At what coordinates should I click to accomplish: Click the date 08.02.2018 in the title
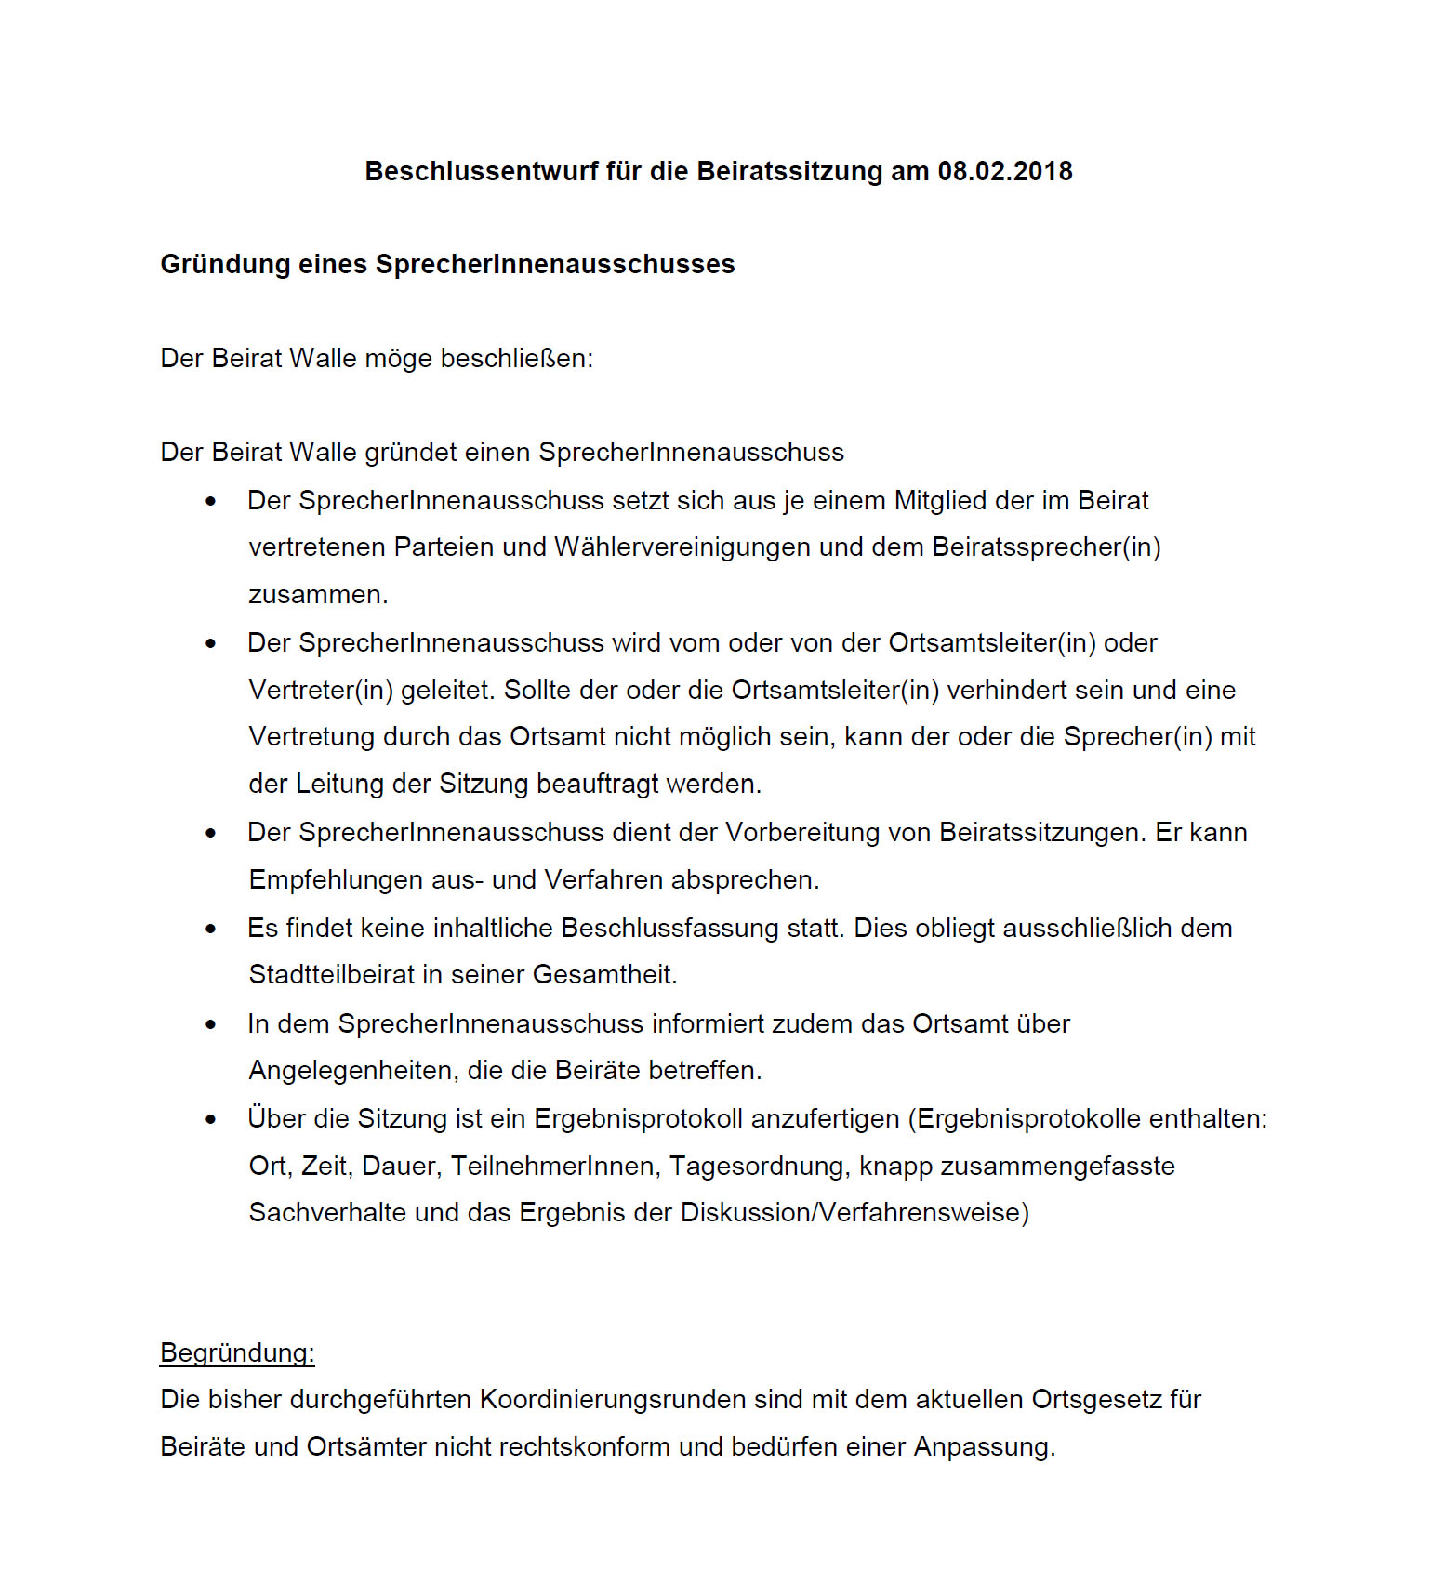(1004, 172)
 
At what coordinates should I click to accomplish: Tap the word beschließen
(516, 359)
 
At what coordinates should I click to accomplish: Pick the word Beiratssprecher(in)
(1046, 547)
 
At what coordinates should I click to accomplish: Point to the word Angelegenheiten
(353, 1071)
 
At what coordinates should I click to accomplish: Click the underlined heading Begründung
(237, 1353)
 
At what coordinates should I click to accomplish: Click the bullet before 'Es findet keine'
(211, 929)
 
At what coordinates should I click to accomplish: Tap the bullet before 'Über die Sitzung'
(211, 1119)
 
